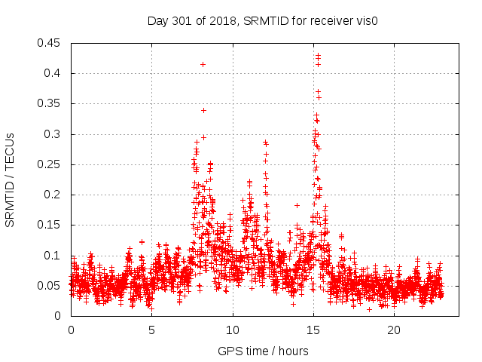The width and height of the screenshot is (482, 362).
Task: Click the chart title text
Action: (262, 21)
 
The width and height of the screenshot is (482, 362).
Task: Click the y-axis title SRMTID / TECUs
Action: (11, 179)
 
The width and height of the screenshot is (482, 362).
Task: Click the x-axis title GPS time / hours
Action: (263, 351)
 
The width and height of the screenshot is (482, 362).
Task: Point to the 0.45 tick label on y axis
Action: (50, 43)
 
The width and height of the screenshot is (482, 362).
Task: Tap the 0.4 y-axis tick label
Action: (53, 73)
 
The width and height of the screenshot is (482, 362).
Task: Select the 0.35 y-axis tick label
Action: (50, 103)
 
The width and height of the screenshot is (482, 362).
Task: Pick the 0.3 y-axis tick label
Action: (53, 134)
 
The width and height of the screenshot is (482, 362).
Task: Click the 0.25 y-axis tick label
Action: (50, 164)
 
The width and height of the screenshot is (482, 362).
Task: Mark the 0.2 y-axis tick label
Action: (53, 195)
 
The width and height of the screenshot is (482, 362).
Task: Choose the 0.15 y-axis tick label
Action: (50, 225)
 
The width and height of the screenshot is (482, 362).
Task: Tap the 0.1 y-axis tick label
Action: (53, 256)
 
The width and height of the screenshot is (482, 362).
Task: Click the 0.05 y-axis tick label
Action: (50, 286)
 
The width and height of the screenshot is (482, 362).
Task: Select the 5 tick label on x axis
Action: (151, 330)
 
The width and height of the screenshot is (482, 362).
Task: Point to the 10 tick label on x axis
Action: (233, 330)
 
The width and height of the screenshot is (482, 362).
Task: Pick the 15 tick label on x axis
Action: (313, 330)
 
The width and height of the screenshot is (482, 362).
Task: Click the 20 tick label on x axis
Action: (394, 330)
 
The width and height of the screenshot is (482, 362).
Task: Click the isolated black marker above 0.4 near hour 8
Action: (203, 64)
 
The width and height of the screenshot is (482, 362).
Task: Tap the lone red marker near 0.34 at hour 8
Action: (203, 110)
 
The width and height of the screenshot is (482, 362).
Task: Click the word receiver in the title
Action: (329, 21)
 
